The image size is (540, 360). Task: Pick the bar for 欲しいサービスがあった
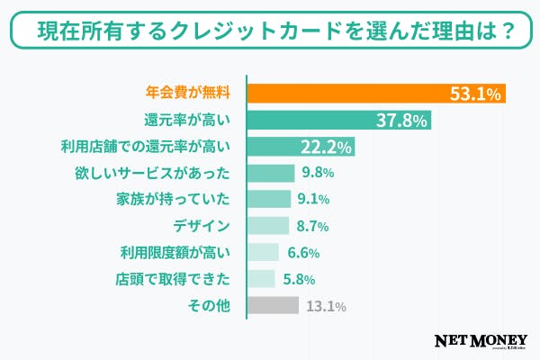pos(271,173)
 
